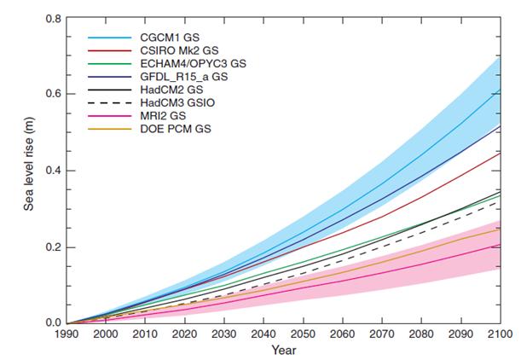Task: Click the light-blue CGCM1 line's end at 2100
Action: click(500, 90)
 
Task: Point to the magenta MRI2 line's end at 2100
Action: click(500, 245)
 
